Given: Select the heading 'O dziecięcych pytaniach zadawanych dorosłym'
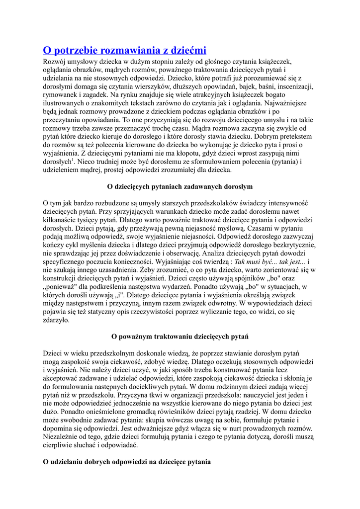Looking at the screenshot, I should tap(180, 186).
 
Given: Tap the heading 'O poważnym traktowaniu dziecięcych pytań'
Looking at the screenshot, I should tap(180, 336).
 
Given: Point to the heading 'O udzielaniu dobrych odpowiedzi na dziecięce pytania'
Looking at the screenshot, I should tap(127, 461).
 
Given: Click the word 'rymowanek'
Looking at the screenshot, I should tap(61, 94).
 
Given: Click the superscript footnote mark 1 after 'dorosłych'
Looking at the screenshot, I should tap(73, 160).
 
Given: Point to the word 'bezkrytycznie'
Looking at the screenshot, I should tap(292, 245).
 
